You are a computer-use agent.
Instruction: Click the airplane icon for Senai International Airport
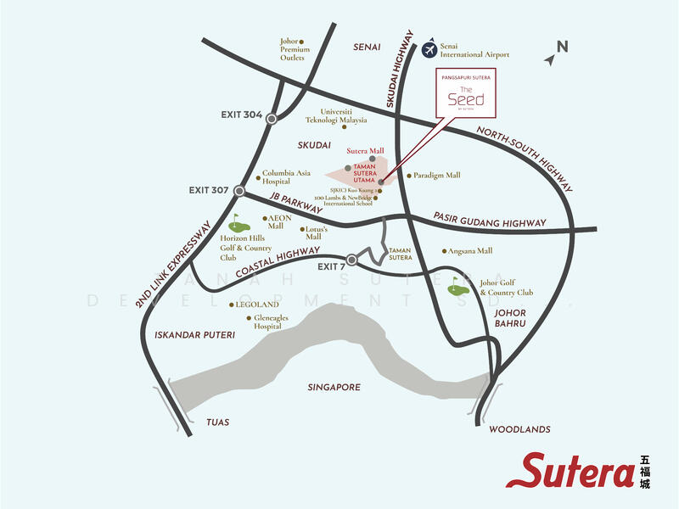[430, 49]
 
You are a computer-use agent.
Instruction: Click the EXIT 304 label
[240, 115]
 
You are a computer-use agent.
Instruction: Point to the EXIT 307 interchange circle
[239, 191]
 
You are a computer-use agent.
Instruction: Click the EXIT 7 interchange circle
[351, 260]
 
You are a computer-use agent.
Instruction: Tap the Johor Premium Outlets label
[295, 50]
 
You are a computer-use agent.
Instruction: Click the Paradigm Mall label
[437, 176]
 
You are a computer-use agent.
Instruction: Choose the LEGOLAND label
[258, 304]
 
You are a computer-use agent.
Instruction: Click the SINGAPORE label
[334, 387]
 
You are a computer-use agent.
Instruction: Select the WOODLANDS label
[520, 430]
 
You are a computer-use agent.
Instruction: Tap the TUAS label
[218, 422]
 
